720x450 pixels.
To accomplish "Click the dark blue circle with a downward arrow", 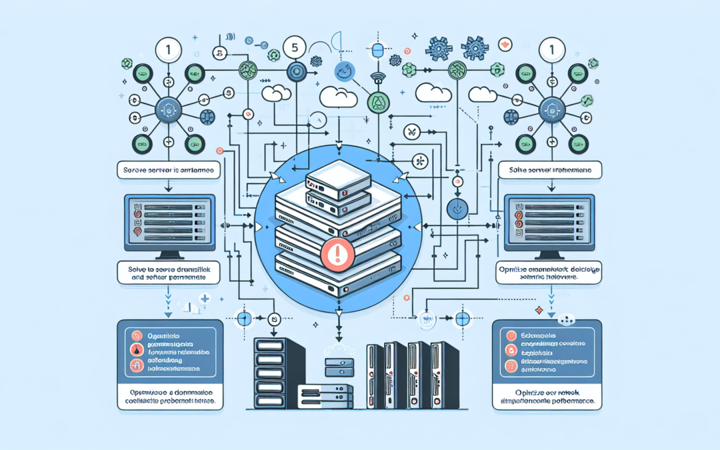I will pyautogui.click(x=458, y=207).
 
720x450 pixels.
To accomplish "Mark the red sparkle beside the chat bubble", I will pyautogui.click(x=537, y=311).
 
